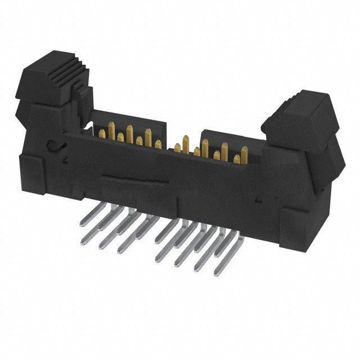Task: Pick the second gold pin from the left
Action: tap(120, 138)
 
